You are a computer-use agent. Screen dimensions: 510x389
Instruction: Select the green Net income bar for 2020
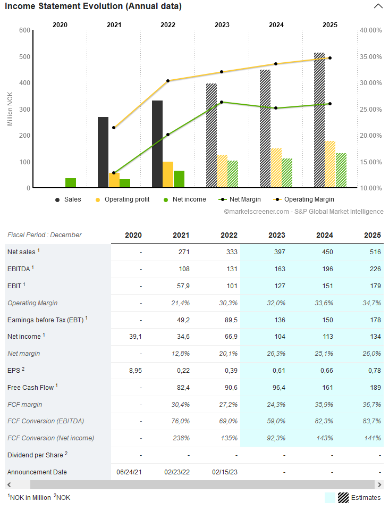click(x=71, y=183)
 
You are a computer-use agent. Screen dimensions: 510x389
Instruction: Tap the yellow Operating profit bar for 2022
click(x=168, y=174)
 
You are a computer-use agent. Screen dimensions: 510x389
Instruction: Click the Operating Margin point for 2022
click(x=168, y=81)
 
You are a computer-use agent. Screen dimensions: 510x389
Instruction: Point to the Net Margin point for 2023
click(x=222, y=102)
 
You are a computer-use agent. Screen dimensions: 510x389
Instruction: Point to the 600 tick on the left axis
click(x=24, y=30)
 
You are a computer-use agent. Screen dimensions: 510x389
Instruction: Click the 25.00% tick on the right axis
click(x=370, y=110)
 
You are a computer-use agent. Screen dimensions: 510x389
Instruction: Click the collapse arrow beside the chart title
click(x=378, y=6)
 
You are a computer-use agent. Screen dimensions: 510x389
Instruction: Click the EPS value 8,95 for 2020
click(x=134, y=371)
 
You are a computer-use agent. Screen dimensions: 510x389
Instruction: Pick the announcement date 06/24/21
click(x=129, y=472)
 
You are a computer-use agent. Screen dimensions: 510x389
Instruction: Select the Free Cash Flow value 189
click(x=375, y=388)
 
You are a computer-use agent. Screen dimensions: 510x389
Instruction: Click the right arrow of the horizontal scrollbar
click(x=379, y=485)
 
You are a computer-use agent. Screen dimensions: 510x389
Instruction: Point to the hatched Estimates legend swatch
click(x=343, y=498)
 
